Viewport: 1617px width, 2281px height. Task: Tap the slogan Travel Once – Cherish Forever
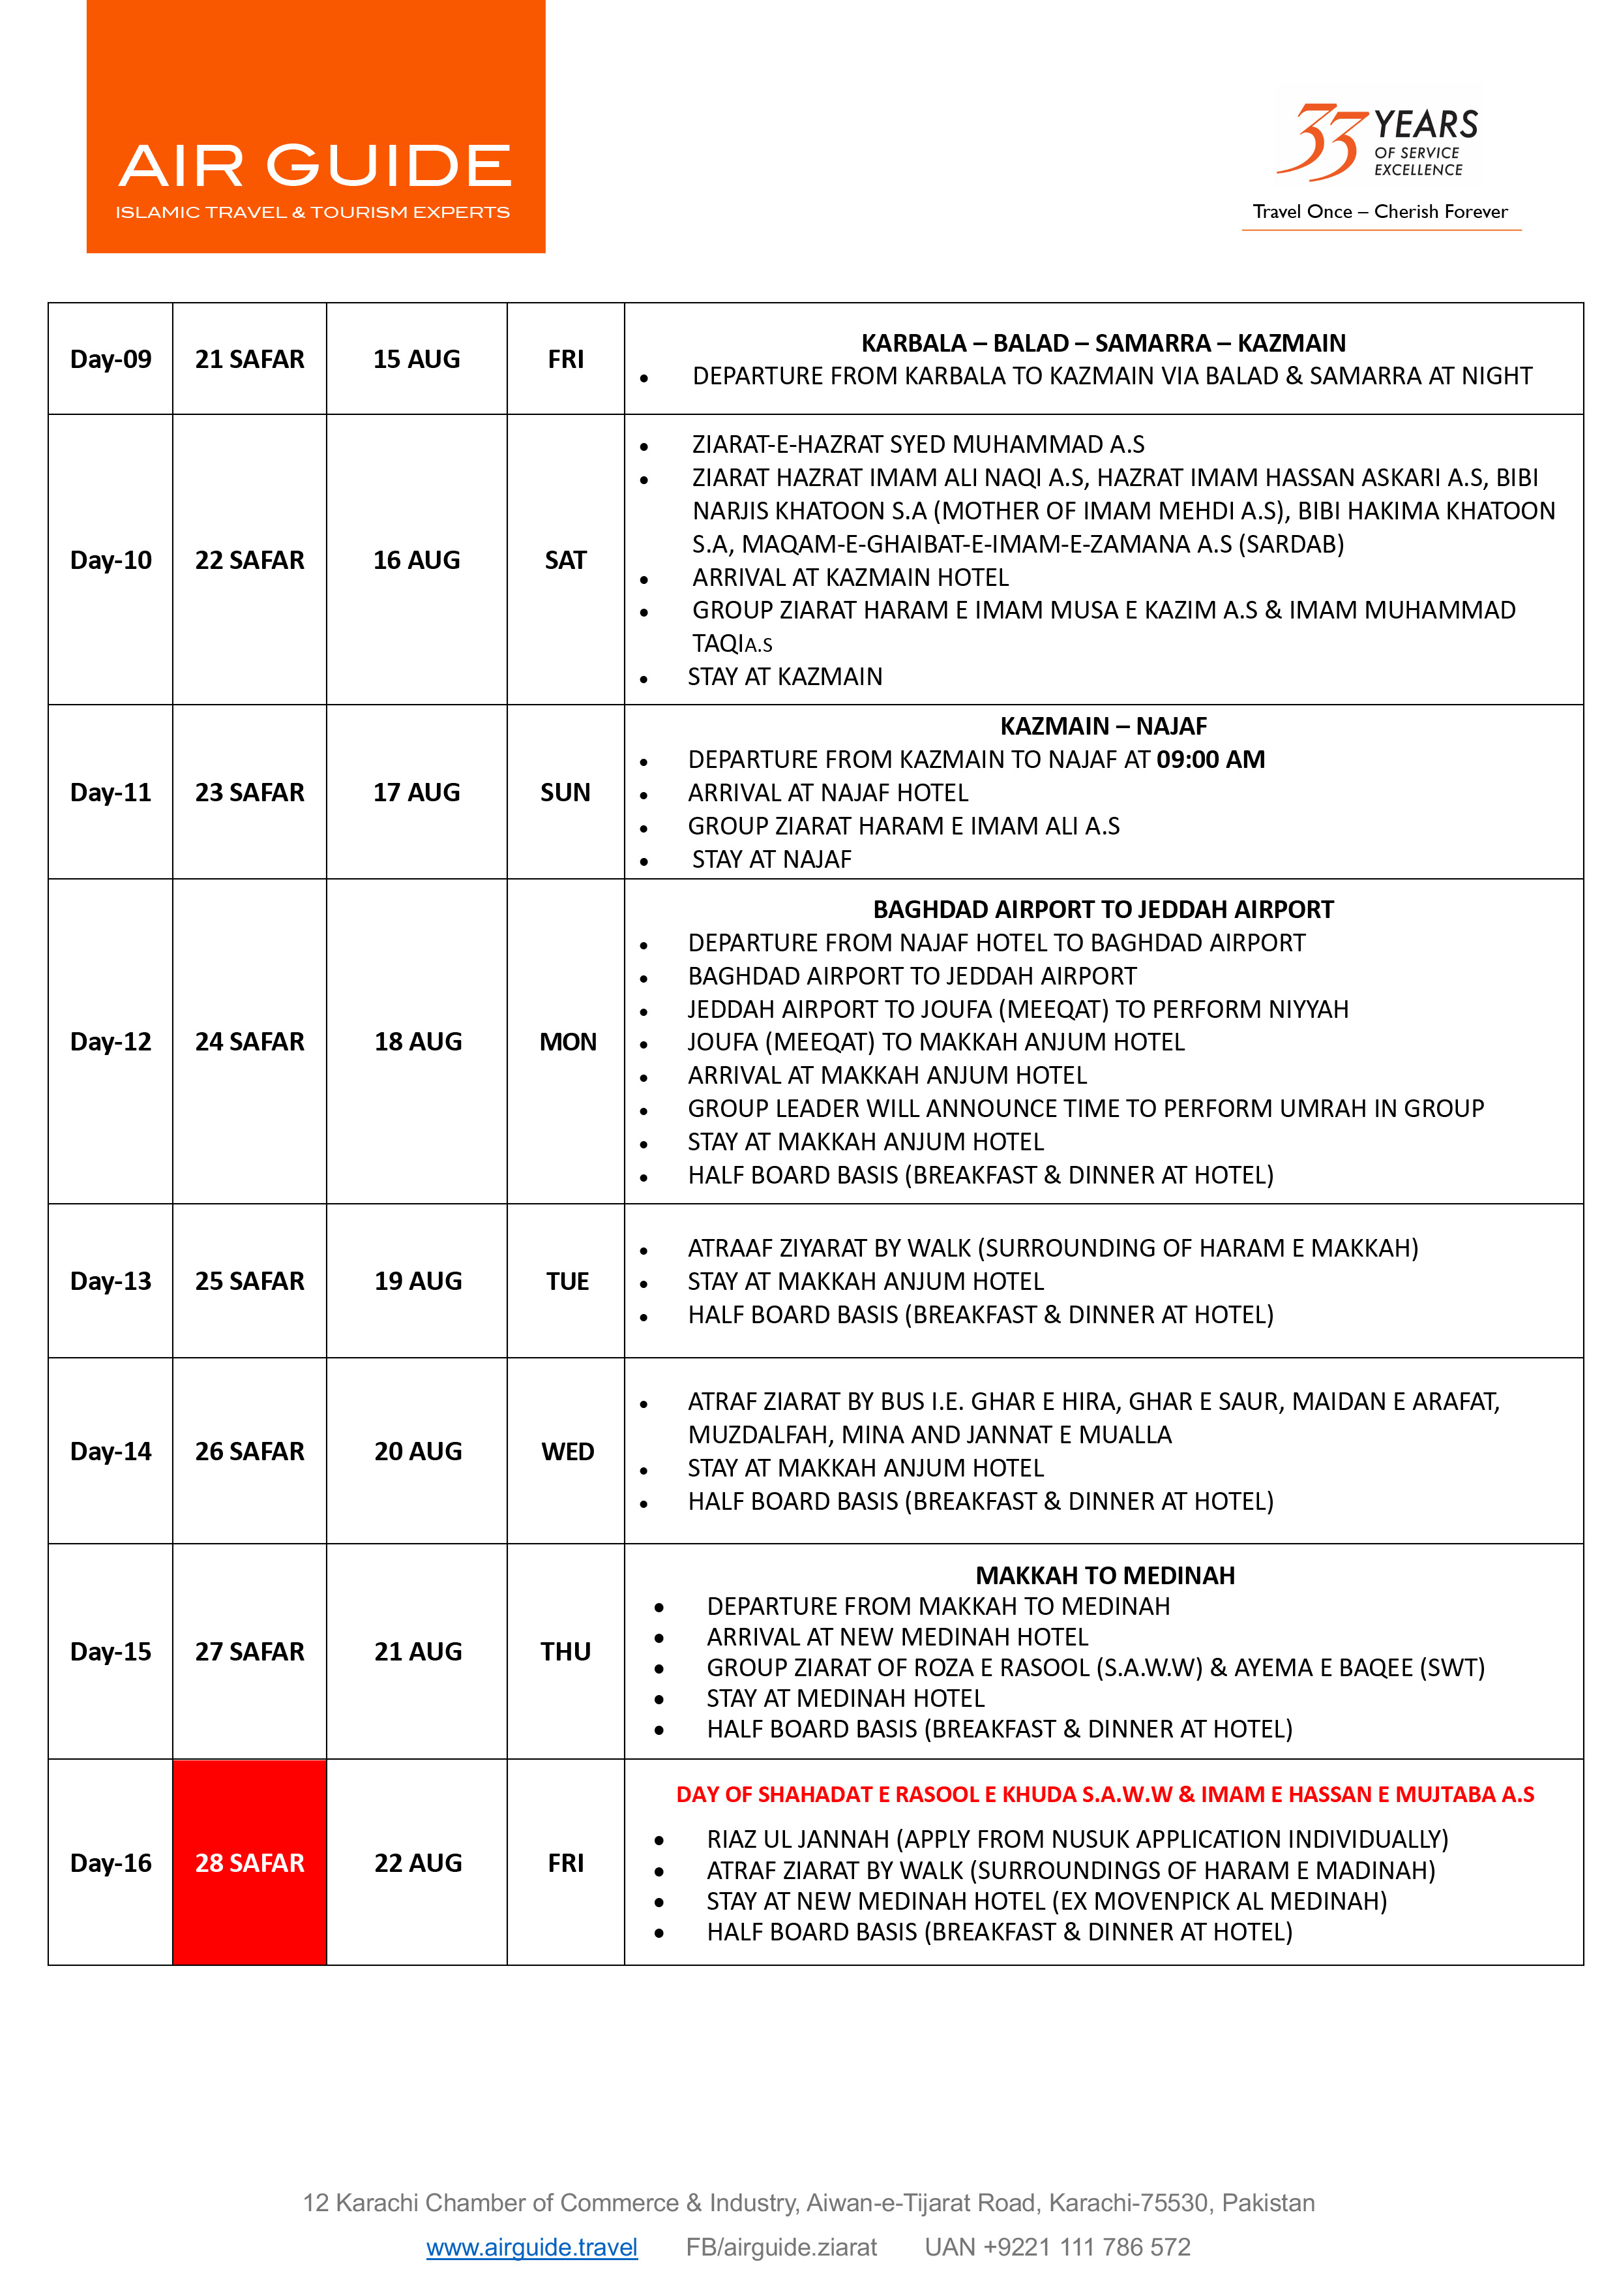pos(1380,211)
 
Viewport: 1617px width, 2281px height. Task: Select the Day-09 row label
pos(111,359)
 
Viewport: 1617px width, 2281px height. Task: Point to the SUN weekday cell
pos(565,792)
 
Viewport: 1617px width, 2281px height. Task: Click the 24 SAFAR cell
pos(249,1041)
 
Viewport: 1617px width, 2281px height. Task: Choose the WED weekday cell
pos(567,1451)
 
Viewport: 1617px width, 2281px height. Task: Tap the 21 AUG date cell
pos(417,1651)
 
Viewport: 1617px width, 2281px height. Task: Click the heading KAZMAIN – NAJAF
pos(1103,726)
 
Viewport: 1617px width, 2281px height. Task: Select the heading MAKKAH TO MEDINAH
pos(1105,1575)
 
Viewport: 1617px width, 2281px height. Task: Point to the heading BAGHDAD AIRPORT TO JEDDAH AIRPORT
pos(1103,910)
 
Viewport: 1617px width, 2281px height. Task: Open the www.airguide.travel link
pos(531,2247)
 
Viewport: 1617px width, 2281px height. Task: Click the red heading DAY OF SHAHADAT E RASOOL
pos(1105,1794)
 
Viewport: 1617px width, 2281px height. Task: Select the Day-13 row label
pos(111,1281)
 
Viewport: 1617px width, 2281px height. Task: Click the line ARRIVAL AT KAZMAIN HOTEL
pos(850,577)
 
